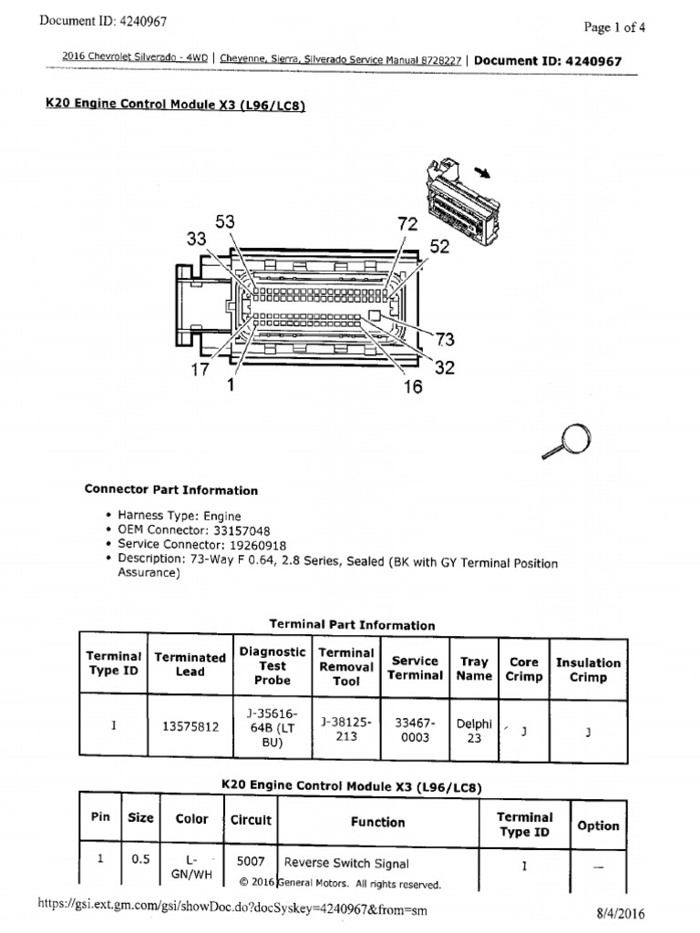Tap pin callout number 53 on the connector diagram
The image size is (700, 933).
coord(224,222)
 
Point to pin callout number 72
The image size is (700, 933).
coord(407,224)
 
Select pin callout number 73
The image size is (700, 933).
coord(444,340)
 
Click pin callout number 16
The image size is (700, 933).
coord(413,386)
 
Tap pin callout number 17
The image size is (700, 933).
coord(201,370)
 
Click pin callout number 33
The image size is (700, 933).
coord(196,239)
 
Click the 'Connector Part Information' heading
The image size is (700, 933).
coord(171,490)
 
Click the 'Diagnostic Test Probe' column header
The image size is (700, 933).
coord(273,666)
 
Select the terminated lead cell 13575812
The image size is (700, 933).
coord(190,727)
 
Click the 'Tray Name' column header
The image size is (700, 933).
coord(474,669)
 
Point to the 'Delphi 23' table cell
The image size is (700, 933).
coord(474,731)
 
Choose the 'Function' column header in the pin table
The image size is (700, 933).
coord(377,822)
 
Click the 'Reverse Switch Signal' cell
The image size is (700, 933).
coord(346,863)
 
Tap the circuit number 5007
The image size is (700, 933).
coord(251,862)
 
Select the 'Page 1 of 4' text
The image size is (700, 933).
coord(615,27)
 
